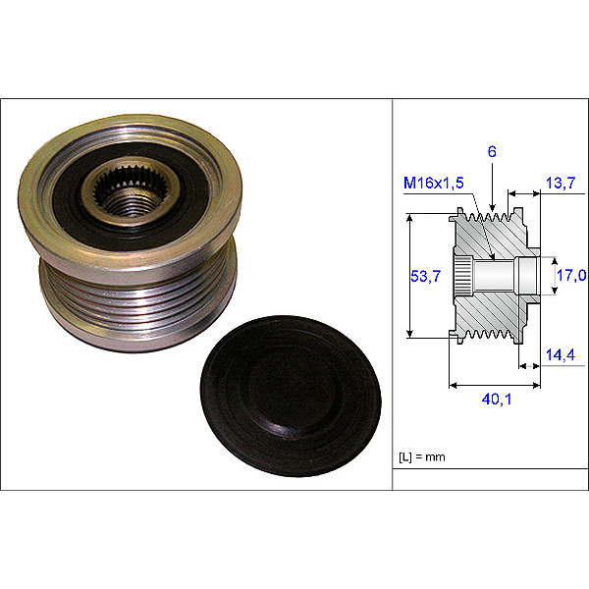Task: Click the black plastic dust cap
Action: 291,396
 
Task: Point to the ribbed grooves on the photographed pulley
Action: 137,300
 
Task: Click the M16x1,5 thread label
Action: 434,183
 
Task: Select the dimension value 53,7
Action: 426,276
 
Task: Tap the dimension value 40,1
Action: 497,400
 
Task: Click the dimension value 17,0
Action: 571,275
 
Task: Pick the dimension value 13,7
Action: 561,183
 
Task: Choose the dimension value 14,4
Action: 561,354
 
